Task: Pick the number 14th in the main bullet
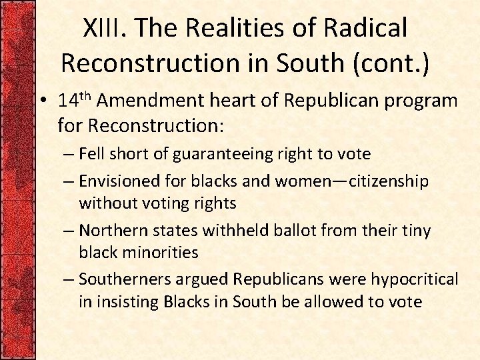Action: click(75, 100)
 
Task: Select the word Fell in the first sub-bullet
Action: click(90, 154)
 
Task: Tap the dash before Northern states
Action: click(70, 231)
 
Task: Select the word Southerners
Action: click(120, 279)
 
